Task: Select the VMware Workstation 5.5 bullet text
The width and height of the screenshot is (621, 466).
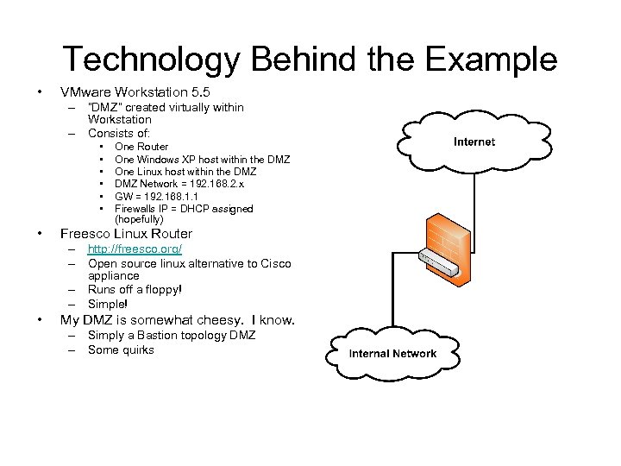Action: (x=135, y=91)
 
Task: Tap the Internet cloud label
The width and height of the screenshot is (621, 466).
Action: (x=474, y=142)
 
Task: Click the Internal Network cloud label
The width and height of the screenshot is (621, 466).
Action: (x=392, y=354)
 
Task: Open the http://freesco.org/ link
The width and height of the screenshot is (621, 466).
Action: (x=135, y=250)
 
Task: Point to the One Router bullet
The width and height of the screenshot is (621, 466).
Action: (x=141, y=148)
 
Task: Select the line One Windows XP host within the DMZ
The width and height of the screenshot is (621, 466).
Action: (x=202, y=160)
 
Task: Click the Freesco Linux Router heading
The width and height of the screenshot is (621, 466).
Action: (x=125, y=234)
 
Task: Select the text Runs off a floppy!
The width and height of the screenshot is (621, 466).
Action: (x=135, y=290)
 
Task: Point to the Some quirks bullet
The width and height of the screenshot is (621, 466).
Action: (x=121, y=349)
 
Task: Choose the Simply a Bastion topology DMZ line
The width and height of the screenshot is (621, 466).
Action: (x=172, y=336)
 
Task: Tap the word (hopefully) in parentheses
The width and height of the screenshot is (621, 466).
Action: (x=139, y=219)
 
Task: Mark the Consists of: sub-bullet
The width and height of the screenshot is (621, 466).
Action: (x=119, y=133)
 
